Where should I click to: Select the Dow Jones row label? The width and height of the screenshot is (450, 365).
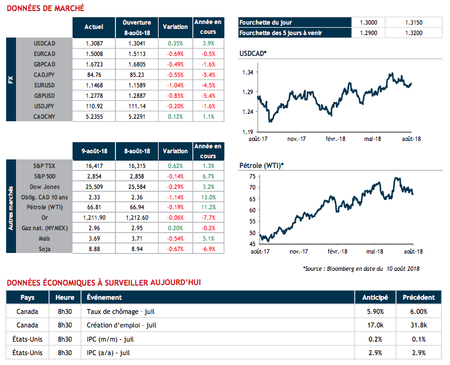44,185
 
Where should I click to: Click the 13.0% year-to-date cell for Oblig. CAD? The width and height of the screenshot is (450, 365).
208,196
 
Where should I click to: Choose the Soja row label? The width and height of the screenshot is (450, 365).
44,248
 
